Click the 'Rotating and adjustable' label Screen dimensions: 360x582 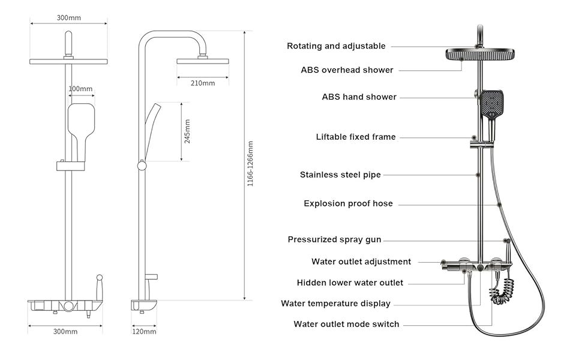[336, 46]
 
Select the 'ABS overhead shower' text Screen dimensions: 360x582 [347, 70]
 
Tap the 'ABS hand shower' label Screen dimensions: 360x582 [359, 97]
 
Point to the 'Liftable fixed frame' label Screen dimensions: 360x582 [356, 137]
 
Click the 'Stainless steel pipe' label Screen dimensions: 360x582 [340, 175]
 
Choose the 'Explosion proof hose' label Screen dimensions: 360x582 [348, 204]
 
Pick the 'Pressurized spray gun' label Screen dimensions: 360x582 [334, 240]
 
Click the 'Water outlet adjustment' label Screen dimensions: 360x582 [361, 262]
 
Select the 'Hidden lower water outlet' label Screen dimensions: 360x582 [350, 283]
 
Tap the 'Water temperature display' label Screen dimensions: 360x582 [335, 304]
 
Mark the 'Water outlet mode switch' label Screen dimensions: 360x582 [346, 325]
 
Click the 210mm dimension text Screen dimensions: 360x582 [203, 83]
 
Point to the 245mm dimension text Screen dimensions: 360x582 [187, 131]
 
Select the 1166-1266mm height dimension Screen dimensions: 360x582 [251, 163]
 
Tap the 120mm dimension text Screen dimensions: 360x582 [144, 331]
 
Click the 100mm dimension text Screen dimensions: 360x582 [81, 89]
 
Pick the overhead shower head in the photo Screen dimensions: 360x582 [478, 54]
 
